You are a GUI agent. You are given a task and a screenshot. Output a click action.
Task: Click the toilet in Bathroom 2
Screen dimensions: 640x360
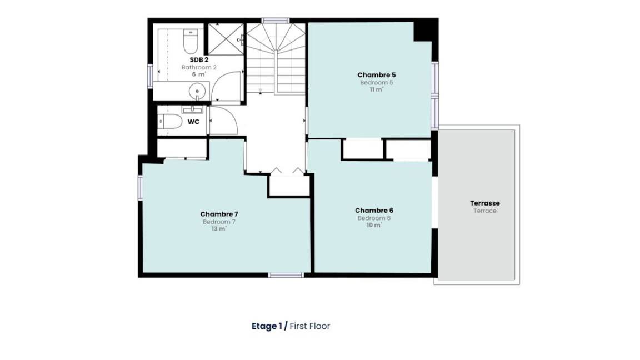(x=191, y=41)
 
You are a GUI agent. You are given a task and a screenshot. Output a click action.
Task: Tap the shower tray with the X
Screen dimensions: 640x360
(x=226, y=39)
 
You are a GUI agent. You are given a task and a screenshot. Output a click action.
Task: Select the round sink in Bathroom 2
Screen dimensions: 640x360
(x=197, y=91)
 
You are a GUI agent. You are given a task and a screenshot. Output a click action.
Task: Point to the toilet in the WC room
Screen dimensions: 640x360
(x=170, y=121)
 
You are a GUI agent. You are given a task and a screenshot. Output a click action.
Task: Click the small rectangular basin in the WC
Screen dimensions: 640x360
(x=192, y=109)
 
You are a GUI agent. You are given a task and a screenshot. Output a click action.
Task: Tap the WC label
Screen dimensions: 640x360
(x=193, y=122)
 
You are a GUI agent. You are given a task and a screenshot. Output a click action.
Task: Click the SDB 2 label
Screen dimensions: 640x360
(x=199, y=60)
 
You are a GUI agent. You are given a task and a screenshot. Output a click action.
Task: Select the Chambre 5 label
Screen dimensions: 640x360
(x=376, y=74)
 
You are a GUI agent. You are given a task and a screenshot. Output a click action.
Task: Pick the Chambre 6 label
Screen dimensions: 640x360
(x=374, y=210)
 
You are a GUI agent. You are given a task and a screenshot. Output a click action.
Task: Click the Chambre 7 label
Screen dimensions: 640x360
(x=219, y=214)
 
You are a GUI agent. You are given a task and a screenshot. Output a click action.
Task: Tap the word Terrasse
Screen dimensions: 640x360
(x=485, y=203)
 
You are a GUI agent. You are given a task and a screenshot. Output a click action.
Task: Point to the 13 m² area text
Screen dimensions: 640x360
(x=219, y=229)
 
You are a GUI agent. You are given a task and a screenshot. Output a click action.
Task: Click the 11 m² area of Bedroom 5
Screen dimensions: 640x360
(x=376, y=89)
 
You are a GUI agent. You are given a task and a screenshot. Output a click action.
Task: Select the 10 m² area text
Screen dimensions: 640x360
(x=374, y=225)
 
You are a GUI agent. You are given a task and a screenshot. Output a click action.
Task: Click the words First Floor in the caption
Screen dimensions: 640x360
(x=310, y=326)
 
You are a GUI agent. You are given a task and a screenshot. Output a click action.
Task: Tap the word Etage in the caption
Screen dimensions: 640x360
(x=264, y=326)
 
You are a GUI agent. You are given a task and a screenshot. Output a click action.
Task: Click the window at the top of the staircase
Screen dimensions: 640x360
(x=276, y=21)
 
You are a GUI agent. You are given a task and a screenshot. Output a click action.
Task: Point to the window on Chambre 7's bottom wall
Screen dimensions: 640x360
(x=286, y=275)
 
